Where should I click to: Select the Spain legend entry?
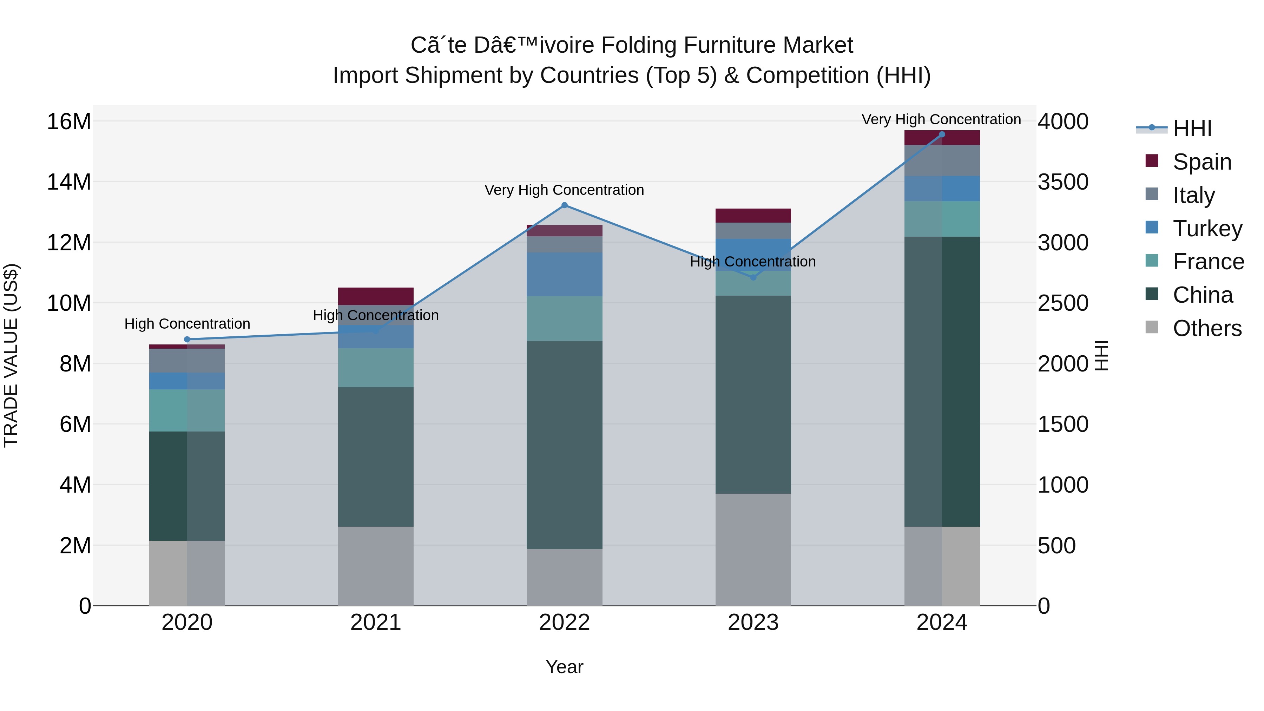(x=1202, y=162)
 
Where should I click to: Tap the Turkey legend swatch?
(x=1152, y=228)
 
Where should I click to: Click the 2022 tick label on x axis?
(x=564, y=623)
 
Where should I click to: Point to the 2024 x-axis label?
(x=942, y=623)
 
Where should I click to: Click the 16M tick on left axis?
(x=69, y=121)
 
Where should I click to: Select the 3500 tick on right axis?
(x=1063, y=182)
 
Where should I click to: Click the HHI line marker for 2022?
(x=564, y=205)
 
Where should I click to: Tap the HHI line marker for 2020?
(x=187, y=340)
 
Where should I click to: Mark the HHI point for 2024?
(x=942, y=134)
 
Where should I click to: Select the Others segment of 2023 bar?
(x=753, y=549)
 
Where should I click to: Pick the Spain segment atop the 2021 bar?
(x=375, y=296)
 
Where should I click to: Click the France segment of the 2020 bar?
(x=187, y=410)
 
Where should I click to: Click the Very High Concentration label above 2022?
(x=564, y=190)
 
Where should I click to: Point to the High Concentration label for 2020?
(x=187, y=324)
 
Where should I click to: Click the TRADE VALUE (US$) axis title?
(x=11, y=355)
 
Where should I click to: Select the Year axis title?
(x=564, y=667)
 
